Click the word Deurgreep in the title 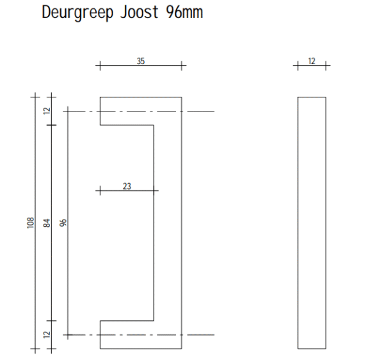(x=77, y=13)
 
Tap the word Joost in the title (x=139, y=12)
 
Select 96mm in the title (x=184, y=12)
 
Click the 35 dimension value (x=141, y=61)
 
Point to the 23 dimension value (x=127, y=186)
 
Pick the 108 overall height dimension (x=30, y=223)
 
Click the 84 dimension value (x=47, y=223)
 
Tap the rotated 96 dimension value (x=63, y=223)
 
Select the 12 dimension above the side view (x=312, y=61)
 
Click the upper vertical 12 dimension (x=47, y=111)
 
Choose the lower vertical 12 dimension (x=47, y=334)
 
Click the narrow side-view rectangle (x=312, y=223)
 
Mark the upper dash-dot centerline (x=139, y=111)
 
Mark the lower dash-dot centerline (x=139, y=335)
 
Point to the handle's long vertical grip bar (x=168, y=223)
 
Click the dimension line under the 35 (x=141, y=66)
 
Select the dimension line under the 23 (x=127, y=191)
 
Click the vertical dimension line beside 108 (x=35, y=223)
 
